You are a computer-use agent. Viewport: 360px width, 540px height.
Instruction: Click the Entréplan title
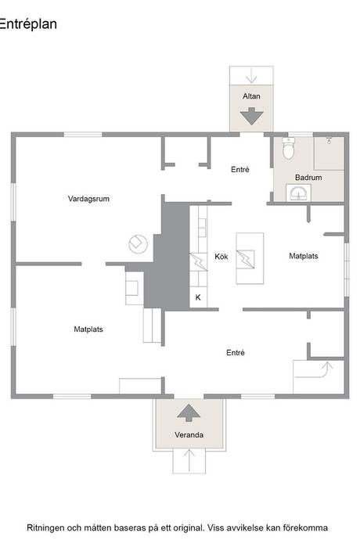click(28, 24)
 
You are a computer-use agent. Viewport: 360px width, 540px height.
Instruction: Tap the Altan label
click(251, 96)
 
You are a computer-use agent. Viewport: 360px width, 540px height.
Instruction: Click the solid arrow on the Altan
click(252, 116)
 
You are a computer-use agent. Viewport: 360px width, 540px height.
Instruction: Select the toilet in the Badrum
click(288, 149)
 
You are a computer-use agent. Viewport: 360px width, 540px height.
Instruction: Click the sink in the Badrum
click(298, 193)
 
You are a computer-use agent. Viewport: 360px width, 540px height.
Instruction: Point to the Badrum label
click(308, 178)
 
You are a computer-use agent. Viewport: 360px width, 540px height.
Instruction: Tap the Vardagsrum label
click(88, 199)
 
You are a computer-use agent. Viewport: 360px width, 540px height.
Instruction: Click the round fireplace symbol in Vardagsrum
click(139, 244)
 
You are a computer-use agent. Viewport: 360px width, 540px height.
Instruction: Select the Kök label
click(221, 257)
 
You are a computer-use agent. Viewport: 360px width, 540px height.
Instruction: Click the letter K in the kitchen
click(198, 297)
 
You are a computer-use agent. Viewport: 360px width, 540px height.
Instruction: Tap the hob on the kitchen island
click(246, 259)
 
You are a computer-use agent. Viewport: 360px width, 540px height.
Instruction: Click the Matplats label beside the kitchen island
click(304, 256)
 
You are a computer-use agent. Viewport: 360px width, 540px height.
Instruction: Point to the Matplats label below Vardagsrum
click(88, 329)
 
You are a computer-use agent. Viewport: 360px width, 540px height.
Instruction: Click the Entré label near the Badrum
click(240, 170)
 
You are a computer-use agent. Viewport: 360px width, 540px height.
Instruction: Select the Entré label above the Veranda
click(236, 353)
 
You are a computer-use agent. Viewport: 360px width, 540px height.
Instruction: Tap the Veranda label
click(189, 435)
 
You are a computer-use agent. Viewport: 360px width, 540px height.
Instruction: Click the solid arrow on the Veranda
click(189, 412)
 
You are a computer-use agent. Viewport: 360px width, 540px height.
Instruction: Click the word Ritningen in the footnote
click(45, 528)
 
